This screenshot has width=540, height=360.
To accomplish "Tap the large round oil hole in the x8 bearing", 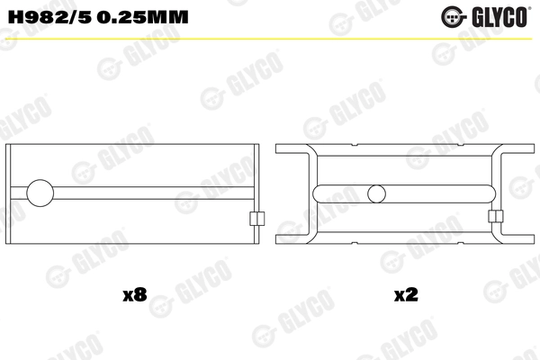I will point(41,193).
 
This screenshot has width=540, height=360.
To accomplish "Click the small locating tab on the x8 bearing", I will point(255,218).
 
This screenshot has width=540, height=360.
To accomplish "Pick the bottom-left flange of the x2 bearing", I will point(292,236).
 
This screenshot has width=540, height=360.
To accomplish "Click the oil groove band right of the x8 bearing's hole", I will point(153,193).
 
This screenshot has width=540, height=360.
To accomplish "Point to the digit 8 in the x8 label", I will point(141,294).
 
